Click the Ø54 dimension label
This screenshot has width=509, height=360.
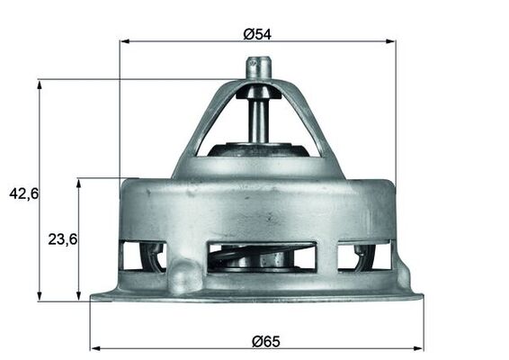tap(257, 34)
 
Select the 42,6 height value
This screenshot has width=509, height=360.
tap(22, 192)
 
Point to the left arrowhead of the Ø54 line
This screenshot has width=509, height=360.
tap(124, 41)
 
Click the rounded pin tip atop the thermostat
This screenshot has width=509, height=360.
tap(258, 66)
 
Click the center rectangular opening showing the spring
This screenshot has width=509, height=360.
tap(261, 257)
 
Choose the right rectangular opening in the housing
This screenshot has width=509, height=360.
tap(364, 256)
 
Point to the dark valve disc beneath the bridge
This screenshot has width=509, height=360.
tap(258, 148)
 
